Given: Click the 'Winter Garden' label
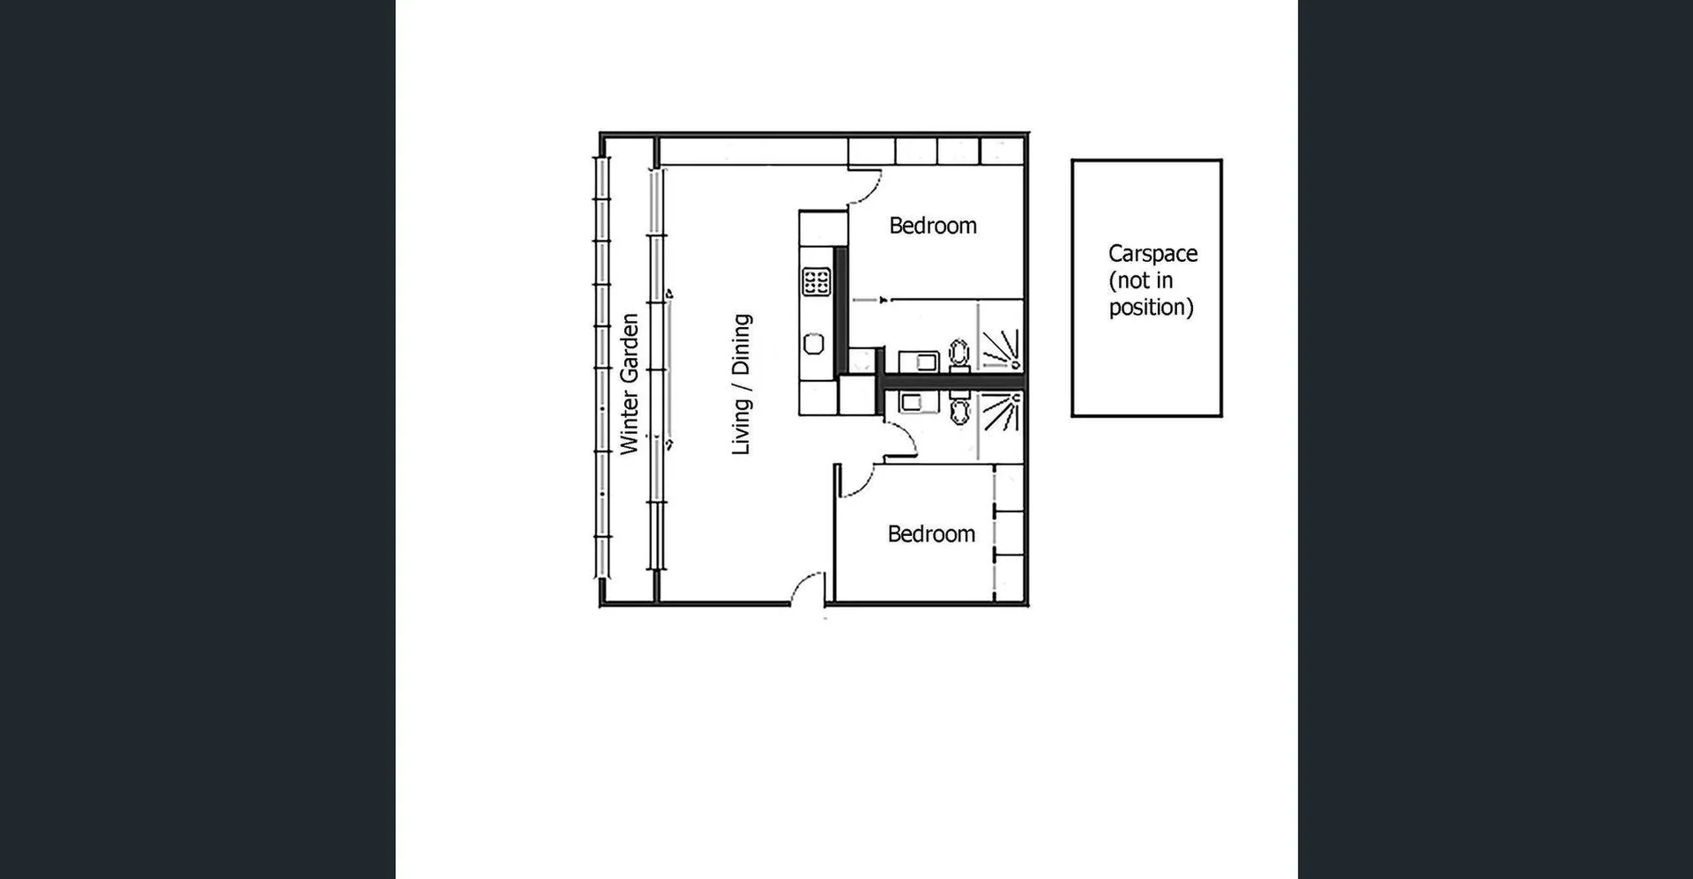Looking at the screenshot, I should click(x=629, y=384).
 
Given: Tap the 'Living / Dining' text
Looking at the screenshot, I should click(x=741, y=384).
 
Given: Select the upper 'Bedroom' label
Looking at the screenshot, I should click(x=932, y=226).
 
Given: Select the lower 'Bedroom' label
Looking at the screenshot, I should click(x=931, y=534).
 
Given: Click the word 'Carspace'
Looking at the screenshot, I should click(x=1152, y=254).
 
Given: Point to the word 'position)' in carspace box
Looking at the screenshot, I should click(x=1151, y=308).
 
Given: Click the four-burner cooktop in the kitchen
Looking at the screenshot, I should click(x=816, y=282).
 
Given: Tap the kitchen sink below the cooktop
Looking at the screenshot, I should click(x=814, y=344).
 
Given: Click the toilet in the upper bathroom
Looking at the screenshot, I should click(x=959, y=354).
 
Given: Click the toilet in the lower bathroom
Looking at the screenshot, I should click(x=959, y=409).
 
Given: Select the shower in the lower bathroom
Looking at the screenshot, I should click(x=1002, y=413).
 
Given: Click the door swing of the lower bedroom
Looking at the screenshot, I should click(x=855, y=480).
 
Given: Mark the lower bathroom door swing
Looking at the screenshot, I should click(x=901, y=439).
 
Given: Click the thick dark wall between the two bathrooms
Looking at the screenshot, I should click(x=952, y=382).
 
